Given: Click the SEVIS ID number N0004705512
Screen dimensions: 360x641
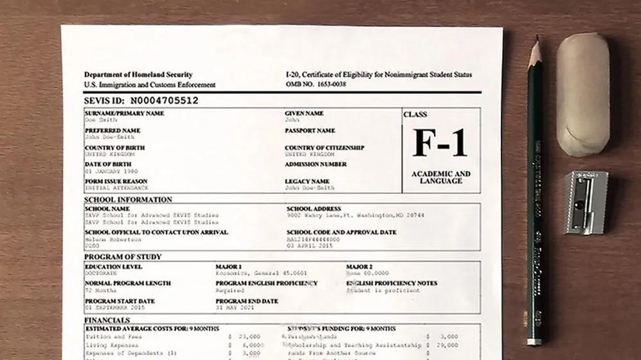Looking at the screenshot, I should coord(163,100).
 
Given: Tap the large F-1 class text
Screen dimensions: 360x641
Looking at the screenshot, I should coord(440,143).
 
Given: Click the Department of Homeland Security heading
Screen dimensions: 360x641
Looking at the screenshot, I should coord(138,75).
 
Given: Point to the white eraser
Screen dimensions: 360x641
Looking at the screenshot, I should coord(582,94).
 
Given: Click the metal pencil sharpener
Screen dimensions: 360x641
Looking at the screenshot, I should coord(584,202).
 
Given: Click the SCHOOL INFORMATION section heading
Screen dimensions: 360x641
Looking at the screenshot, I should coord(128,199).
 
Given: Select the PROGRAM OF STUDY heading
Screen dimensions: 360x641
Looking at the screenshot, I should coord(123,257).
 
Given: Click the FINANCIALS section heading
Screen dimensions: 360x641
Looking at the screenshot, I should coord(107,319).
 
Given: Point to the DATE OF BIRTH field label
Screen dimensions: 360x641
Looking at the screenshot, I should coord(108,165).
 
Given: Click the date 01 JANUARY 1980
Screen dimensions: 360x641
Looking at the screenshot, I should coord(112,172).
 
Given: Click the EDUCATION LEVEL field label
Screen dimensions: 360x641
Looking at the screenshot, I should coord(114,267).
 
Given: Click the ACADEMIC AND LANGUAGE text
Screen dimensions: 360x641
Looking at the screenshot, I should coord(440,177).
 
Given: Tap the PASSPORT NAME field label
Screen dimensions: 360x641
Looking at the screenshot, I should coord(310,130).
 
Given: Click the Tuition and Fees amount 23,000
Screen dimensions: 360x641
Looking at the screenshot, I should coord(249,336).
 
